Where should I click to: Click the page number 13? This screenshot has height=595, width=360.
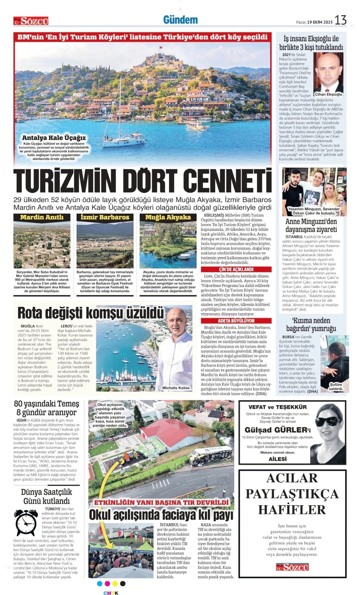(x=340, y=20)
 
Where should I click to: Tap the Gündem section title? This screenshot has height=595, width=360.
(x=180, y=20)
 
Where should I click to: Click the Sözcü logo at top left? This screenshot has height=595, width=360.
(x=31, y=21)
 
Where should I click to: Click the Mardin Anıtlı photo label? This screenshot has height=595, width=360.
(x=42, y=217)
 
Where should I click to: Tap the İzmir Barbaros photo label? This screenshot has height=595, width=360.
(x=105, y=217)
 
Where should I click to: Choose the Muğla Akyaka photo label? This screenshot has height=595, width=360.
(x=168, y=217)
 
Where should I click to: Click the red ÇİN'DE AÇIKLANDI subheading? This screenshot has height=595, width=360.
(x=236, y=269)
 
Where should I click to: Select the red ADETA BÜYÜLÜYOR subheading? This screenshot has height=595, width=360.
(x=236, y=321)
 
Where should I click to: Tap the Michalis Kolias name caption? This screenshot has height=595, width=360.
(x=176, y=388)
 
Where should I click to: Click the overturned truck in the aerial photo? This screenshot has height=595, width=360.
(x=210, y=454)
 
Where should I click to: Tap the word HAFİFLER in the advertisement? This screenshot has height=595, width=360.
(x=292, y=510)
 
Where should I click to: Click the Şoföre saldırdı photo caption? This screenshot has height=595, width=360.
(x=335, y=387)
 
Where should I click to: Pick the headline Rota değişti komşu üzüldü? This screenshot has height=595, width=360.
(x=90, y=312)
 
